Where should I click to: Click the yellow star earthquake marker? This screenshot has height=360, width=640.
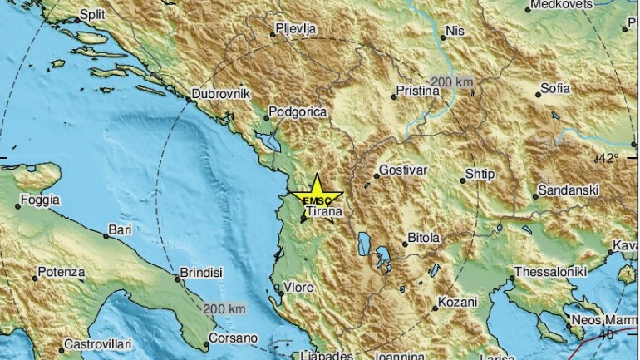[x=318, y=192]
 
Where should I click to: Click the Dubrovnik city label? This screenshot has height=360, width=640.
[x=221, y=95]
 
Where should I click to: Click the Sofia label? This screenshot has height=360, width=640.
[x=556, y=88]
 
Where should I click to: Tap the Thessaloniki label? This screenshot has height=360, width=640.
[x=551, y=272]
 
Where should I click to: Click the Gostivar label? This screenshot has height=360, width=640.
[x=402, y=170]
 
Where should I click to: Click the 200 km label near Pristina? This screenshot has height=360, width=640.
[x=453, y=81]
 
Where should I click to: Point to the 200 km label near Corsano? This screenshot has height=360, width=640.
[x=224, y=308]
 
